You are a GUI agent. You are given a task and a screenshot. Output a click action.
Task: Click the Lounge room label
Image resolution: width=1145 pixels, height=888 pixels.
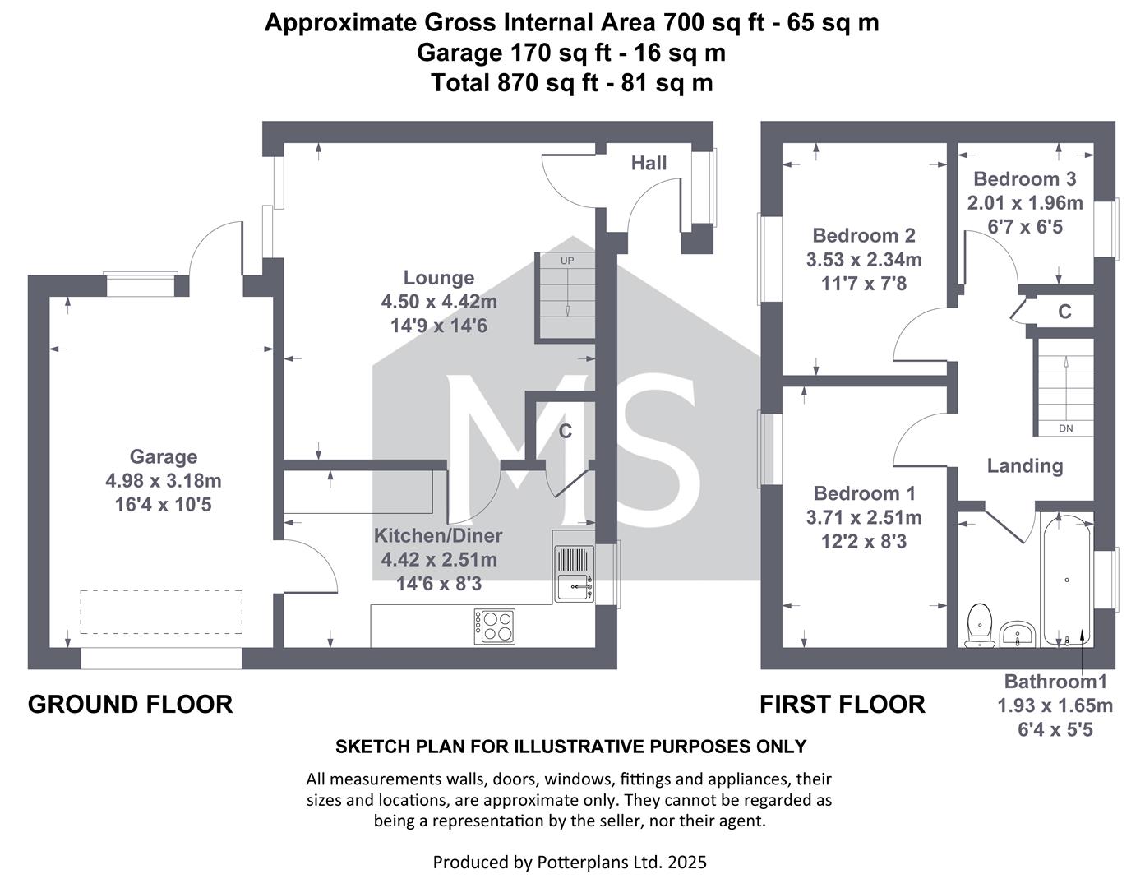point(438,277)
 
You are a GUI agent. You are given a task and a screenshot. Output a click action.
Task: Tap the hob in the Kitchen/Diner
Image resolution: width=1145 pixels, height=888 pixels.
point(494,626)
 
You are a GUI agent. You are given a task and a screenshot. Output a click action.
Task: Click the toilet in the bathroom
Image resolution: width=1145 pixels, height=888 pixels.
point(980,625)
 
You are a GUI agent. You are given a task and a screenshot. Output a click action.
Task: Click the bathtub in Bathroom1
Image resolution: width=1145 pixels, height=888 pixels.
point(1066,580)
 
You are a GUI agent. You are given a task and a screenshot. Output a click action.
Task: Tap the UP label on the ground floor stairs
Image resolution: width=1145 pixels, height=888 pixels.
point(567,261)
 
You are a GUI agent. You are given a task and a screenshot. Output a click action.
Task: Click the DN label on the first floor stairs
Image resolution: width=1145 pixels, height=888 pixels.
point(1065,428)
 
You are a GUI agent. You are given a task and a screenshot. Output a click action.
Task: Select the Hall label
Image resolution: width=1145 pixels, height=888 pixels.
point(649,163)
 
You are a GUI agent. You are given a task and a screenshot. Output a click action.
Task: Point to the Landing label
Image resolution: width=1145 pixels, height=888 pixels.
point(1025,466)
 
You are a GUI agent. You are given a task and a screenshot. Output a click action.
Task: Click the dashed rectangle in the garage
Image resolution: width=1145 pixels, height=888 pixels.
point(161,612)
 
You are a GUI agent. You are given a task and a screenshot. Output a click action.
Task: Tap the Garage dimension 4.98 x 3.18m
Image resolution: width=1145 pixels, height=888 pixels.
point(164,480)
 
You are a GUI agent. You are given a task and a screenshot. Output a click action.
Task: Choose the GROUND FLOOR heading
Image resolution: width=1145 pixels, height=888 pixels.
point(130,704)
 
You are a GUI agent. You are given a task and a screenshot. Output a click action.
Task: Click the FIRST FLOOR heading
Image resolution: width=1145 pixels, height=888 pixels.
point(842,704)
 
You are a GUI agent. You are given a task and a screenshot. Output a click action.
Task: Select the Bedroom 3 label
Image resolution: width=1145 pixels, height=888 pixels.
point(1024,178)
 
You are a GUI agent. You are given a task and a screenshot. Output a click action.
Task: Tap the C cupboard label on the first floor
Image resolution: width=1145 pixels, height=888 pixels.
point(1065,312)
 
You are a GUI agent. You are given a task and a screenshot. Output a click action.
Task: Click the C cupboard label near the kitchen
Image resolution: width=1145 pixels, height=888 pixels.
point(565,431)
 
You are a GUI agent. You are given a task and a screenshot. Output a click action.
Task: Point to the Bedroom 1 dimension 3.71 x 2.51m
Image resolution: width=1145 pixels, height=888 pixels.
point(864,517)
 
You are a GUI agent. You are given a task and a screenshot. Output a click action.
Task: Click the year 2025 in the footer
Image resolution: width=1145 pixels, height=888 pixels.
point(687,862)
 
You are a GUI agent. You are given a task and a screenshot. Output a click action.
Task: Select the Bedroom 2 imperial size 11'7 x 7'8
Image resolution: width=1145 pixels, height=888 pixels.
point(864,284)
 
